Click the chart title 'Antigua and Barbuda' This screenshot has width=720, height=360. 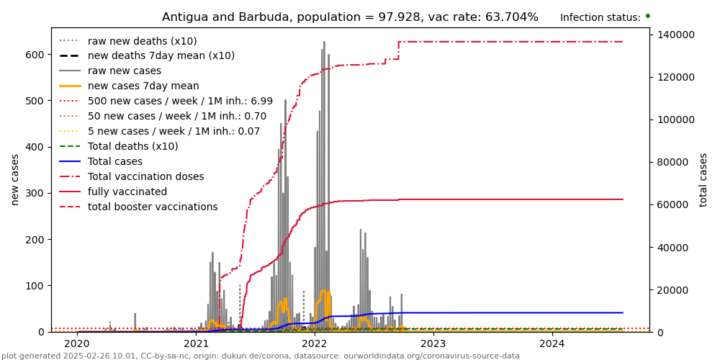[350, 17]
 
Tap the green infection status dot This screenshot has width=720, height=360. [647, 16]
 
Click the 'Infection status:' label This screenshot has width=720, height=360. [600, 18]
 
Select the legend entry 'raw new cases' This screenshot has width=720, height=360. [125, 71]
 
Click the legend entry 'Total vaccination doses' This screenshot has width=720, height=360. [145, 177]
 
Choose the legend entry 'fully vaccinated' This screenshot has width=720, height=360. [127, 192]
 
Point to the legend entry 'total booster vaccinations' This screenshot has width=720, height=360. [153, 207]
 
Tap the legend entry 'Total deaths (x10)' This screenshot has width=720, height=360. [132, 147]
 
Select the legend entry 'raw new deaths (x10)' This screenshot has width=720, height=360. [142, 41]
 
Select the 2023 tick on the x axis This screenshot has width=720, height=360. [433, 343]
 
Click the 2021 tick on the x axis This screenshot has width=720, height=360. [196, 343]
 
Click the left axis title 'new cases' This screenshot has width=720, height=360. [15, 179]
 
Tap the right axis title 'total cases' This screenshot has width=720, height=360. [703, 179]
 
